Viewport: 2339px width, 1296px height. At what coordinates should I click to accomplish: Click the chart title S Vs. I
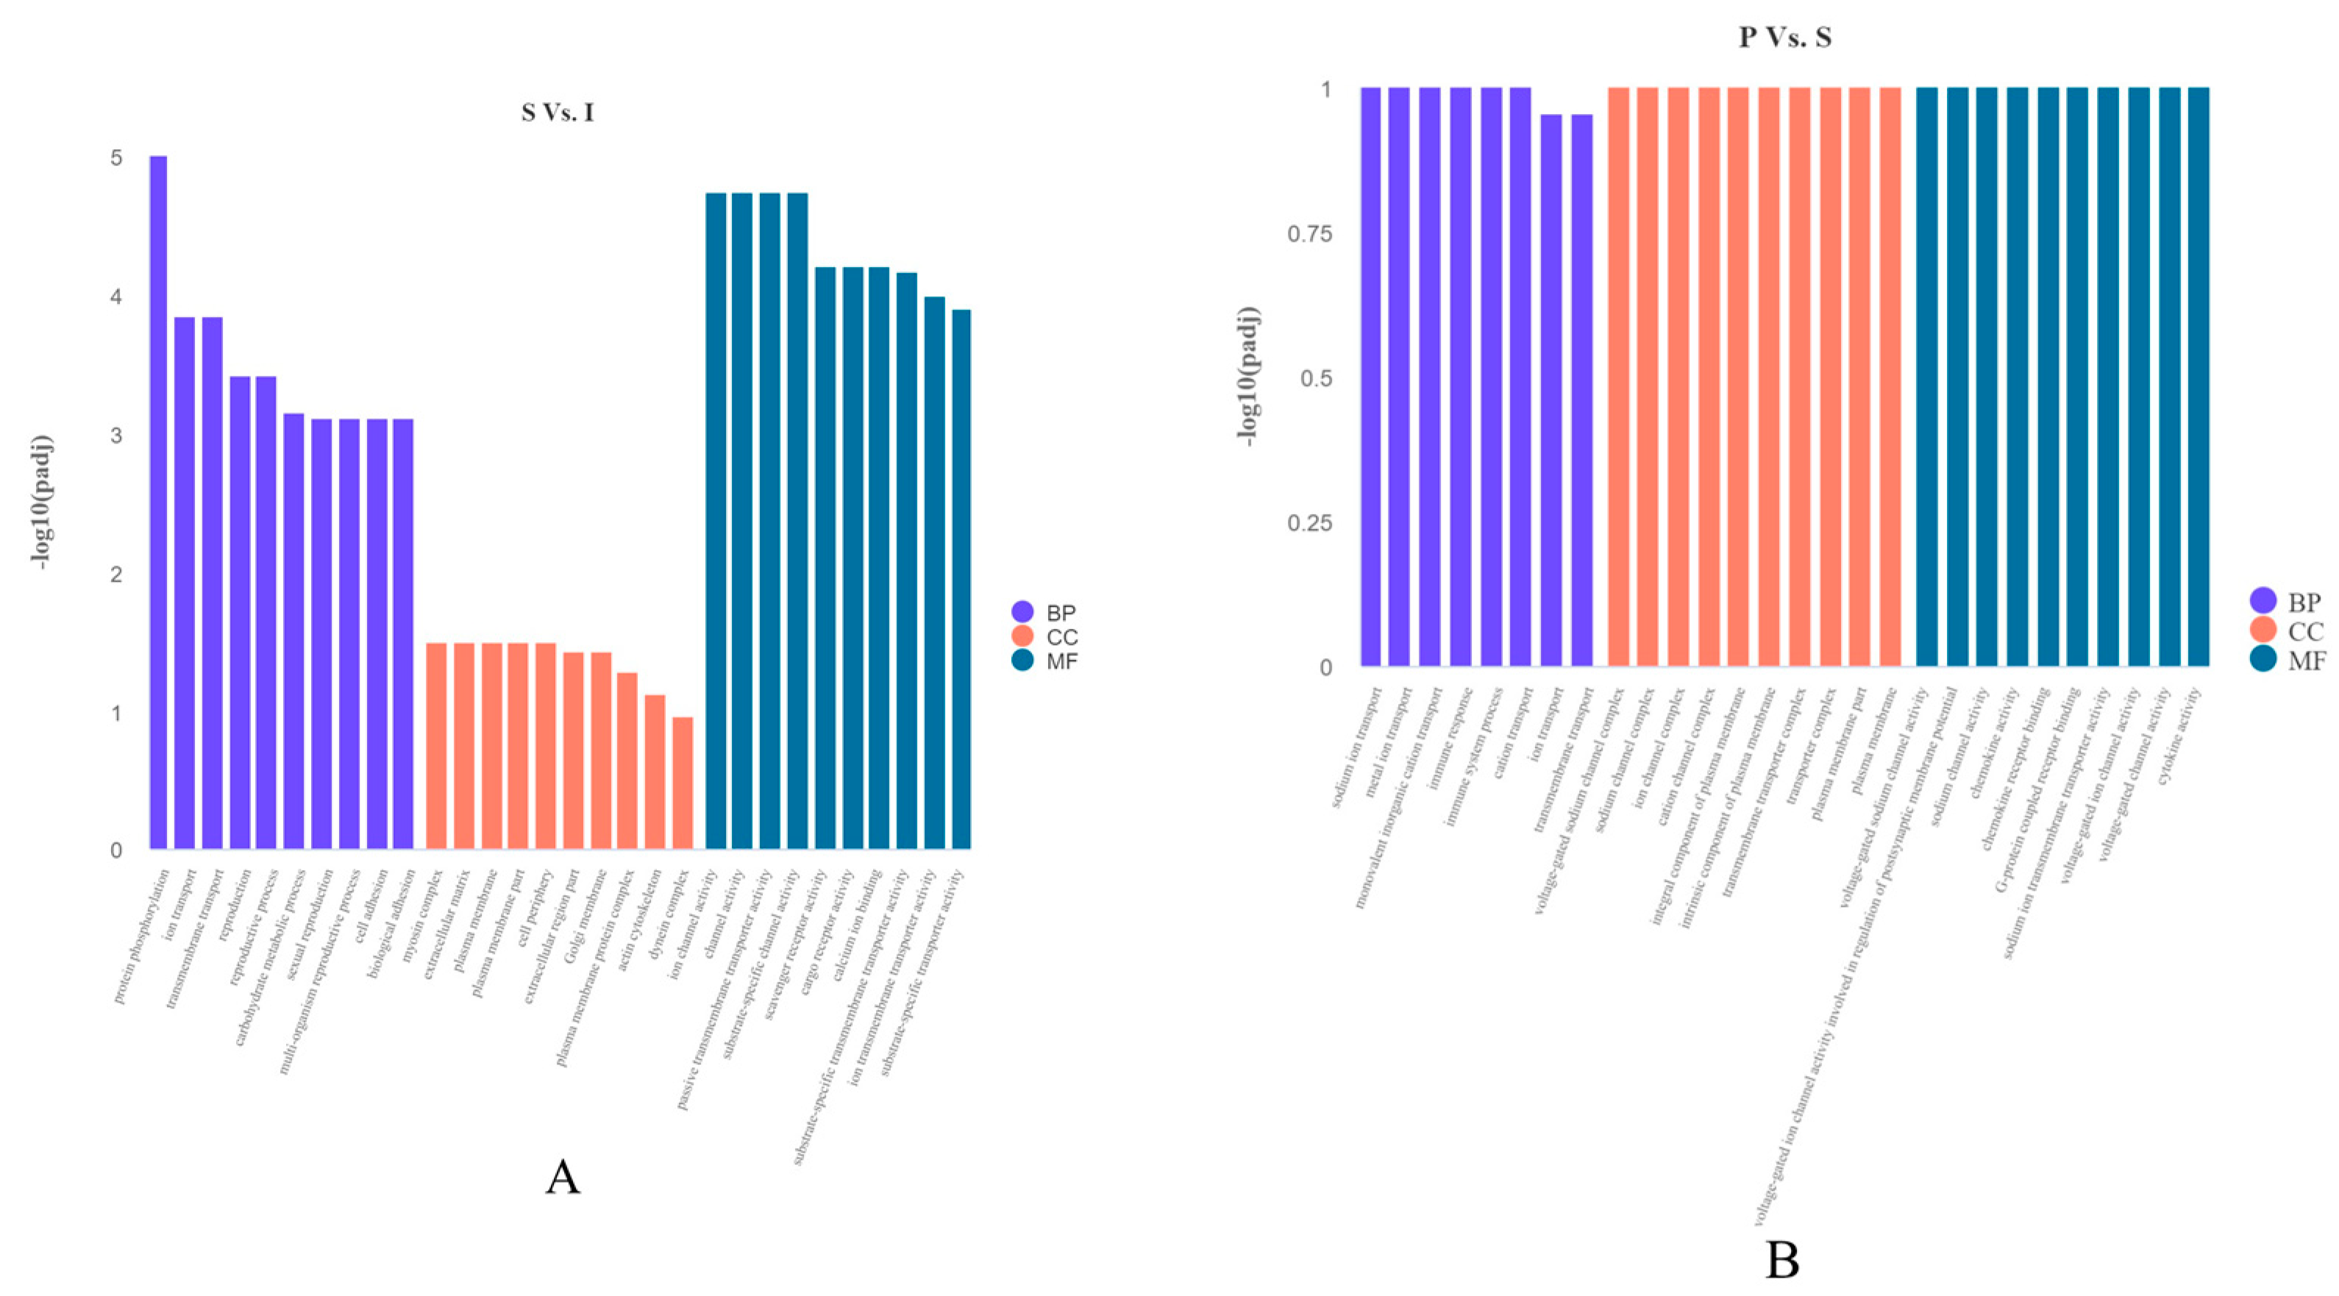pyautogui.click(x=558, y=113)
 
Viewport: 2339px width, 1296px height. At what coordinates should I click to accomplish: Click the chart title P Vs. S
pyautogui.click(x=1784, y=38)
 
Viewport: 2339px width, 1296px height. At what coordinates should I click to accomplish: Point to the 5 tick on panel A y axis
pyautogui.click(x=116, y=158)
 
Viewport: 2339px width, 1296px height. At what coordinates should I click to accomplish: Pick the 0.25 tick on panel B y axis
pyautogui.click(x=1309, y=523)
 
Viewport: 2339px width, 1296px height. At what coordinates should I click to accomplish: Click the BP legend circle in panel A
pyautogui.click(x=1023, y=612)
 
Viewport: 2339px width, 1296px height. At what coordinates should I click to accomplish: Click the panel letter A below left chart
pyautogui.click(x=562, y=1178)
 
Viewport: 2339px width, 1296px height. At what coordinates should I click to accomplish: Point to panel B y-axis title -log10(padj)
pyautogui.click(x=1250, y=377)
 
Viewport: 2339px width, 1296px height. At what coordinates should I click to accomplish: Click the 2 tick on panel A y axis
pyautogui.click(x=116, y=574)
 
